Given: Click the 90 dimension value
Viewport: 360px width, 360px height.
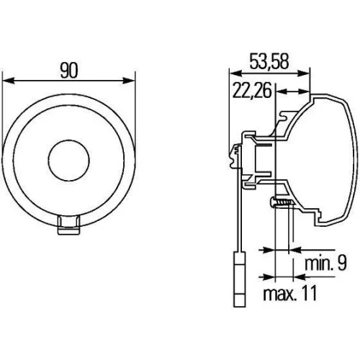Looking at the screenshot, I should click(69, 70).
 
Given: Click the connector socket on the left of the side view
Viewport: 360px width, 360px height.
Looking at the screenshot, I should click(235, 152).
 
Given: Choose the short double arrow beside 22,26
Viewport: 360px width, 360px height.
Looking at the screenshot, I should click(292, 91).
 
